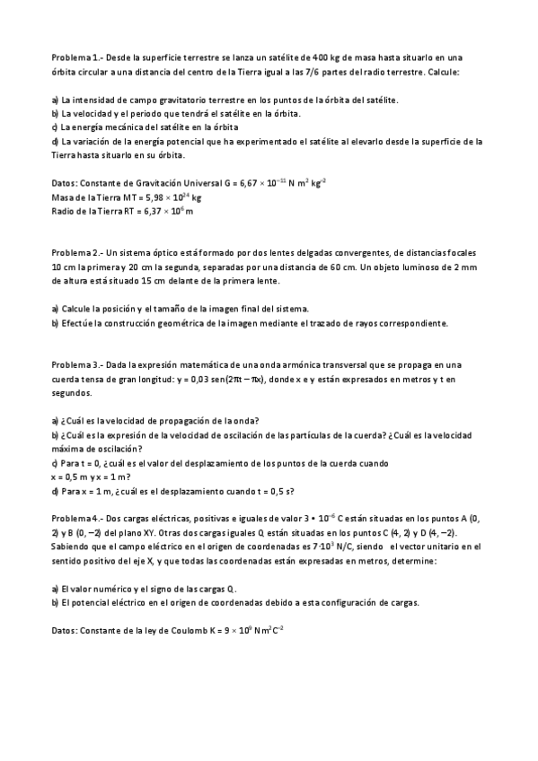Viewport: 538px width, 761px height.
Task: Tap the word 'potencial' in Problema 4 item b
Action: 90,603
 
